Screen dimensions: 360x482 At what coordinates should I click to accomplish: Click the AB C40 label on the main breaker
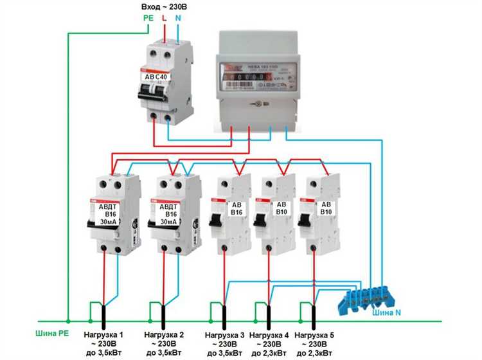pos(156,76)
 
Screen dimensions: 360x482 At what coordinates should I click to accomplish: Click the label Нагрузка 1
pos(104,335)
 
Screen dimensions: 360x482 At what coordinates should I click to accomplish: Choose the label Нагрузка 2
pos(165,335)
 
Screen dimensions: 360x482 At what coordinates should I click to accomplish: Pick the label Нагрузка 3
pos(225,336)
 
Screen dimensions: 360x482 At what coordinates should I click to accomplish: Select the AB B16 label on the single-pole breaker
pos(236,208)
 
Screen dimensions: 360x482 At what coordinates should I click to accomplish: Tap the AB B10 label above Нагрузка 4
pos(281,208)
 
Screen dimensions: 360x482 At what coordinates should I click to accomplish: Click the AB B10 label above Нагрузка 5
pos(325,208)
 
